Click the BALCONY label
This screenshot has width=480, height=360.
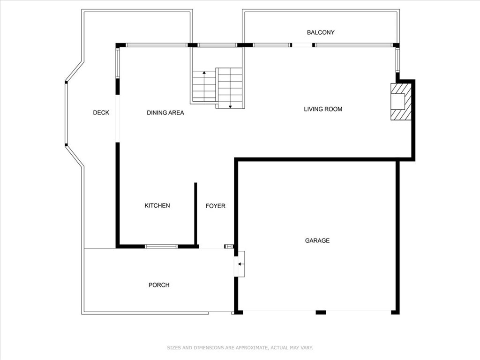[x=321, y=32]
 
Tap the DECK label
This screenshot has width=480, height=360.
[x=101, y=112]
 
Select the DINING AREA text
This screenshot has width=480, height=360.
[x=165, y=112]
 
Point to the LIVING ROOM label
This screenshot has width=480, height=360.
[x=323, y=109]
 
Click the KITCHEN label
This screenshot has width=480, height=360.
[x=157, y=206]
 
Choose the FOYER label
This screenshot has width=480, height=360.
[x=215, y=206]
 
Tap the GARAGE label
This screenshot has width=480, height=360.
[x=317, y=240]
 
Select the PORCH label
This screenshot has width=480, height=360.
[x=159, y=285]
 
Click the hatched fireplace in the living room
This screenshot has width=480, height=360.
[x=401, y=102]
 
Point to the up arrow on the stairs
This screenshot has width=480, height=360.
[x=204, y=74]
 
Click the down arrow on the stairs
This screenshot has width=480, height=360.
[x=230, y=106]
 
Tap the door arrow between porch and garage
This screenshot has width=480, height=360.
[x=240, y=264]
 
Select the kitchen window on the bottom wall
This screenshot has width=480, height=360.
[x=161, y=246]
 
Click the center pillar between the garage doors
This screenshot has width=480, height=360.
[x=321, y=312]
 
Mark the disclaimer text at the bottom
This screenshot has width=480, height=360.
[x=240, y=348]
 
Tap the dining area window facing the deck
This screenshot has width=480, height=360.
[x=118, y=64]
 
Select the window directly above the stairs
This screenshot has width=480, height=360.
[x=217, y=45]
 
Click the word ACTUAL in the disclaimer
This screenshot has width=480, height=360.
[x=279, y=348]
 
